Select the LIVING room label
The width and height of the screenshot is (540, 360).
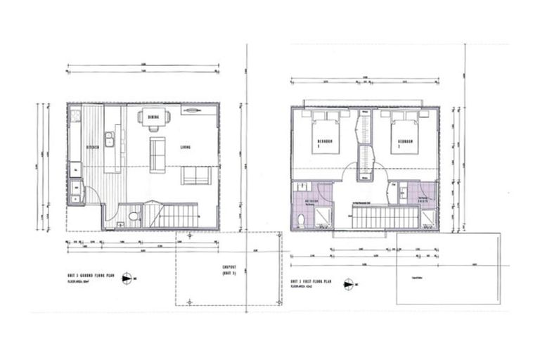coord(186,148)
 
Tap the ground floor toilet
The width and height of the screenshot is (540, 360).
coord(134,218)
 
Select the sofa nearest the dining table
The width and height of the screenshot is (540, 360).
coord(157,153)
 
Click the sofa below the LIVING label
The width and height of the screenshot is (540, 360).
coord(195,175)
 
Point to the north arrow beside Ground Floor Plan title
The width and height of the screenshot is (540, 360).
coord(127,278)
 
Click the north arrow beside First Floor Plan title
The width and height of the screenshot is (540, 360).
coord(347,285)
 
